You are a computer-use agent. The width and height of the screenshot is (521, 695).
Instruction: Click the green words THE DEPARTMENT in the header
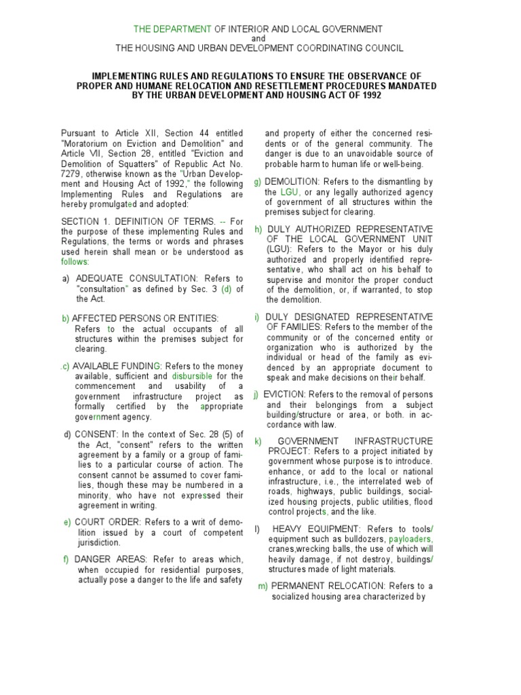point(172,29)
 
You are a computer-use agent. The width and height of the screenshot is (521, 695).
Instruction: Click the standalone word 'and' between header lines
point(259,39)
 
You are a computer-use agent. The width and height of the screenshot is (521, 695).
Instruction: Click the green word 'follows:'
point(75,261)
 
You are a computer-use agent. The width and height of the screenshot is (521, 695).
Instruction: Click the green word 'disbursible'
point(192,375)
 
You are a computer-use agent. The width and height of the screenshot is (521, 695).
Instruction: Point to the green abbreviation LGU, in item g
point(290,192)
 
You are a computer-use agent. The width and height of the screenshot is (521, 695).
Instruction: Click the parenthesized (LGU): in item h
point(283,249)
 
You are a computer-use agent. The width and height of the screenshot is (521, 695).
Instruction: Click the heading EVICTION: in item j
point(284,394)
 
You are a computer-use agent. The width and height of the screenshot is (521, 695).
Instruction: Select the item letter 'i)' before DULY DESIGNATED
point(257,317)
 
